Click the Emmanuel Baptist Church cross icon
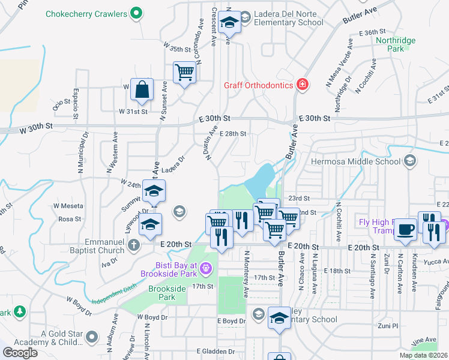133,245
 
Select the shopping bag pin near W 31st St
142,89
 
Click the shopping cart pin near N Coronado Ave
184,73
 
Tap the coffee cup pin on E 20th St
405,229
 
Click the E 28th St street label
233,134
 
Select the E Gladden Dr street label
215,351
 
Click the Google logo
19,353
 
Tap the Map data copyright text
423,355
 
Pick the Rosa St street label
70,220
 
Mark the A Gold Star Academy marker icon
92,337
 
